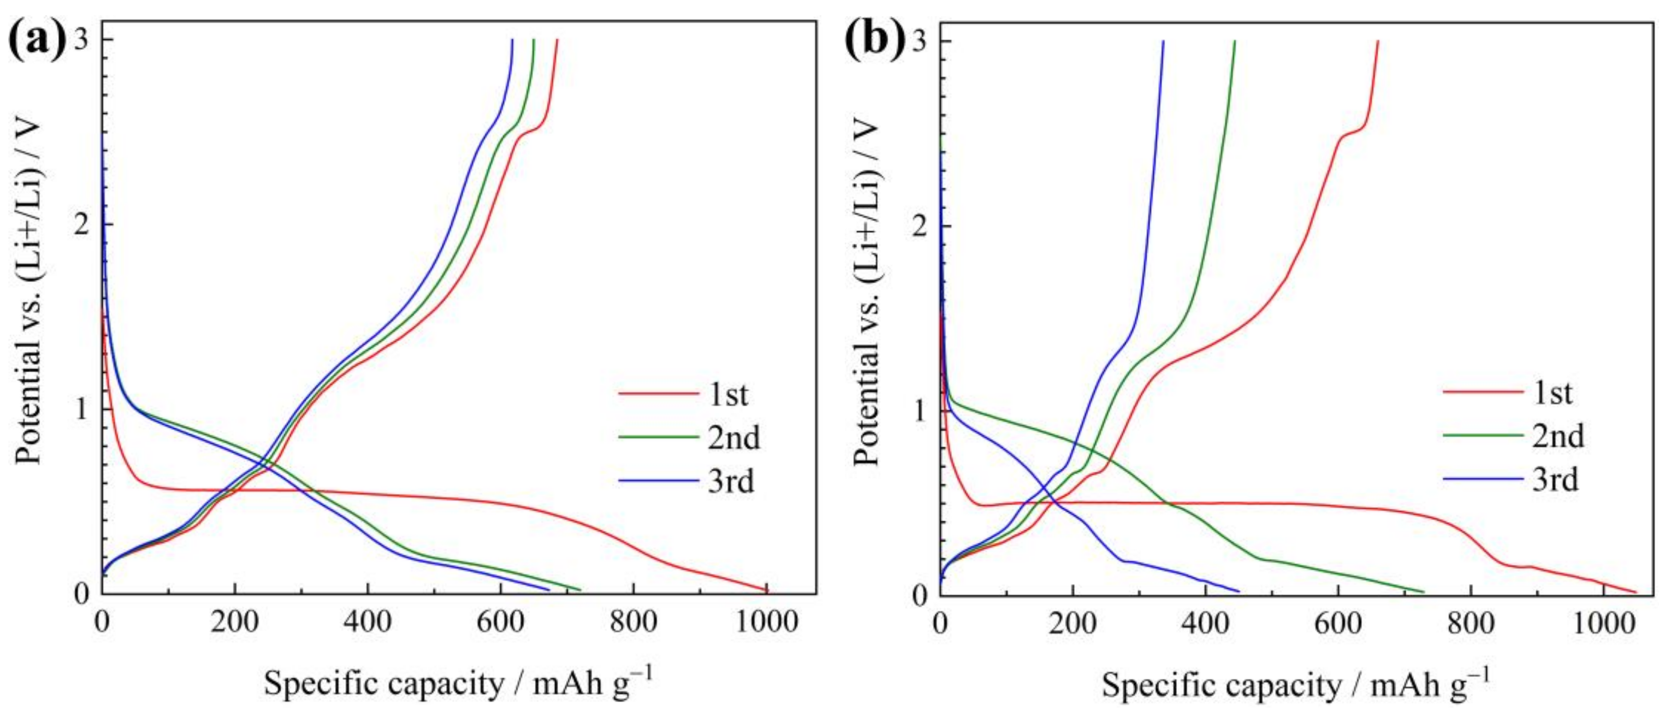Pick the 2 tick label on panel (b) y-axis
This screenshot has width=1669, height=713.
pyautogui.click(x=921, y=226)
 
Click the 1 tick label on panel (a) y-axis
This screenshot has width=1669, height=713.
pyautogui.click(x=82, y=409)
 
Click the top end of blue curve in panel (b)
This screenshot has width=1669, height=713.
pyautogui.click(x=1163, y=41)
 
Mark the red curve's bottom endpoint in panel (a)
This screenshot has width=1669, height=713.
pyautogui.click(x=767, y=590)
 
